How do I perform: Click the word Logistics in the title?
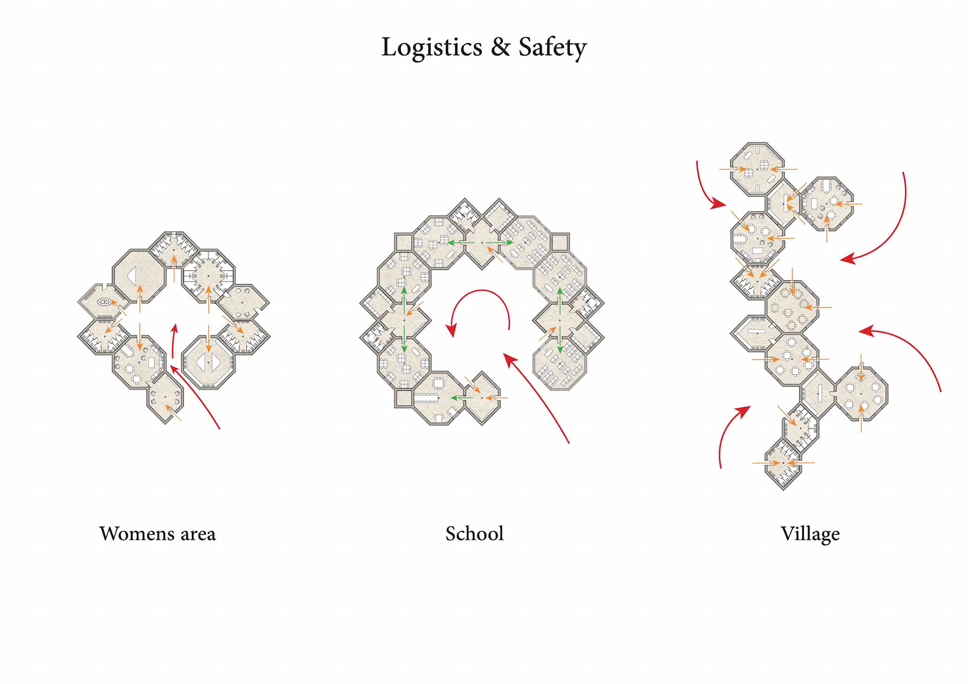[432, 47]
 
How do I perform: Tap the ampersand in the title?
[501, 47]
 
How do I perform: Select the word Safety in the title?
[553, 47]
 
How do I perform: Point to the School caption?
[474, 534]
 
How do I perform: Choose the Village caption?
[810, 534]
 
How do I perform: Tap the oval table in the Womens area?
[105, 302]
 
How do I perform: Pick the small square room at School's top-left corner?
[403, 242]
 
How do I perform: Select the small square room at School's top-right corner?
[560, 242]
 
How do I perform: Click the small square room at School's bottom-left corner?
[403, 398]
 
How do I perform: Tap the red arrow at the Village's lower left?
[729, 433]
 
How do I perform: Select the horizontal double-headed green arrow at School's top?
[481, 243]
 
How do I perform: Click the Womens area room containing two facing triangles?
[208, 362]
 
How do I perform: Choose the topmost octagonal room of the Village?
[757, 169]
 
